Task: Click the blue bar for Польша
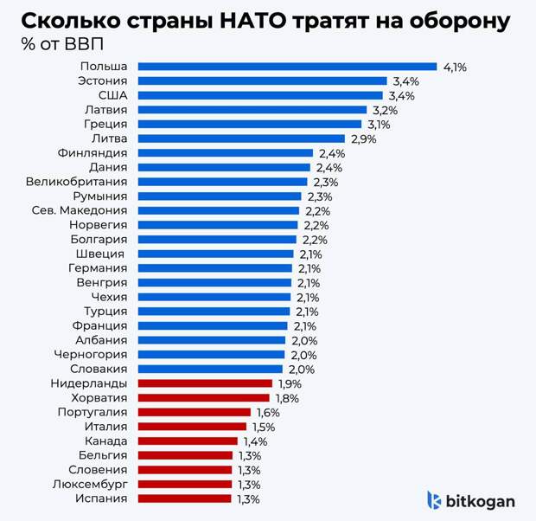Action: (287, 67)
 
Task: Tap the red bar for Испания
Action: (184, 498)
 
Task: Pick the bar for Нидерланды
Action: (205, 383)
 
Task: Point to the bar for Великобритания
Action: (222, 182)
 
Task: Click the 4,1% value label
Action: (455, 67)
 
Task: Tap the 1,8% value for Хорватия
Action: (288, 398)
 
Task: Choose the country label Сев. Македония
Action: (80, 210)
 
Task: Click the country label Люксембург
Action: (89, 484)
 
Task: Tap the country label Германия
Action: (98, 268)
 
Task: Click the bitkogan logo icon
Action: (435, 500)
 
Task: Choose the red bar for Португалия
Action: (194, 412)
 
